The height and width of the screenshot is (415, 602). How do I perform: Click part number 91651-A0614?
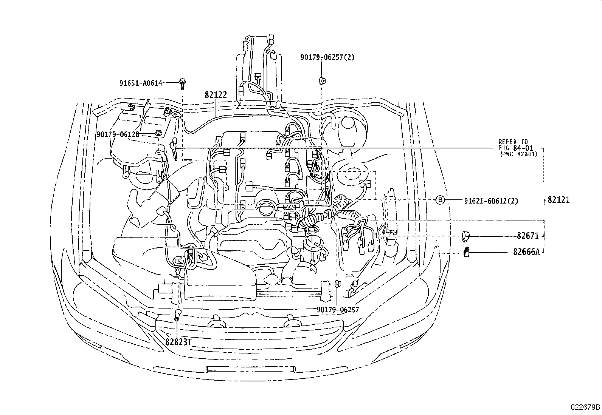(x=141, y=83)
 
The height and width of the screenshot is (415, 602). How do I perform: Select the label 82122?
(x=216, y=95)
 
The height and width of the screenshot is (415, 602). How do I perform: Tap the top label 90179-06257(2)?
(x=327, y=57)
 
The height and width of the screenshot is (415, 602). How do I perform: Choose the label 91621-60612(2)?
(x=491, y=201)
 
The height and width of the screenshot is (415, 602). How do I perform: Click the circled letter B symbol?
(x=441, y=201)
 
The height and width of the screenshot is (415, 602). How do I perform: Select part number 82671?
(x=528, y=236)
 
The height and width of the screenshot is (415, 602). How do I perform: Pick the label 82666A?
(x=526, y=251)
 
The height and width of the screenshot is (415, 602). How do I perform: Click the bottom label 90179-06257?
(x=338, y=310)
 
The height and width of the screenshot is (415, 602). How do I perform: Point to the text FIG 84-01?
(x=517, y=148)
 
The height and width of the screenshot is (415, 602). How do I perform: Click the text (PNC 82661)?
(x=518, y=154)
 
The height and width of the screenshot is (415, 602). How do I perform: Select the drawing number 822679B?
(x=585, y=407)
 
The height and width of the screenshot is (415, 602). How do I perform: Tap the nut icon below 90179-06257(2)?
(x=323, y=80)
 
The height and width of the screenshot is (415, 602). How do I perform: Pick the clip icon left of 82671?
(x=465, y=236)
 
